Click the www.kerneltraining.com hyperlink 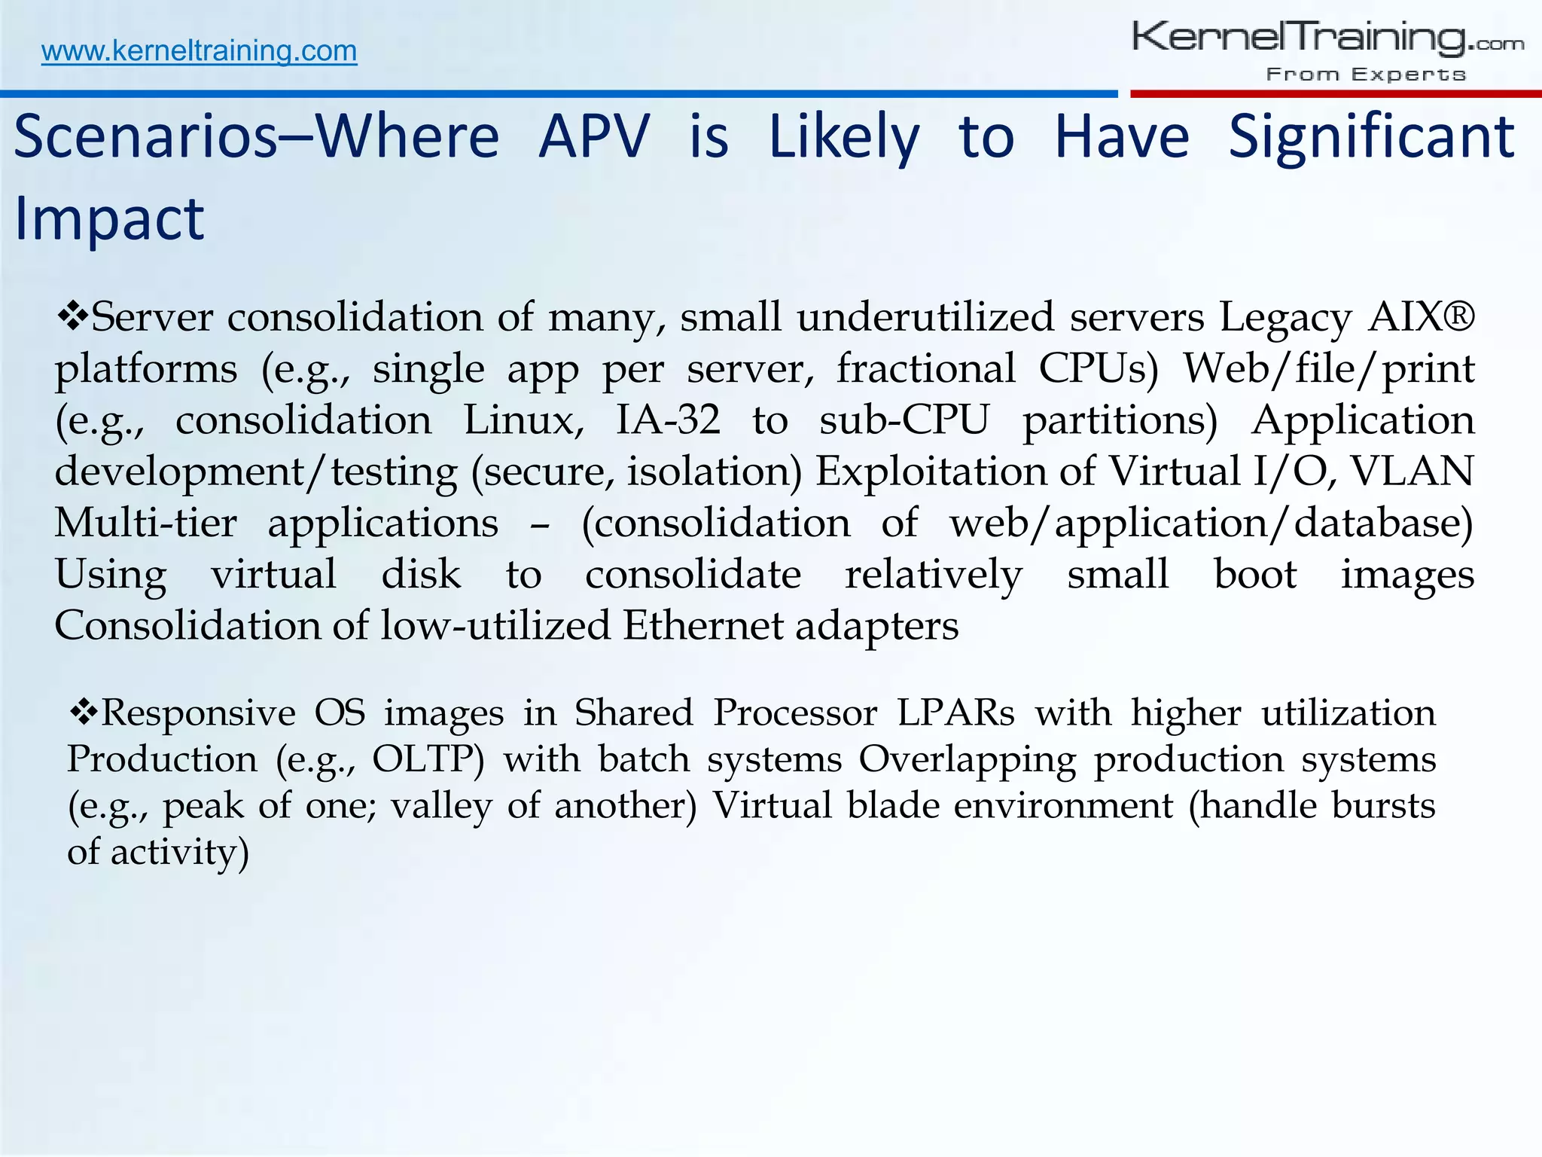pos(199,51)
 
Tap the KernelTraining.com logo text pos(1327,38)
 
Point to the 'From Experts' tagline pos(1366,74)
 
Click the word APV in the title pos(594,137)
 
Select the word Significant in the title pos(1371,137)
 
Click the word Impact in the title pos(109,218)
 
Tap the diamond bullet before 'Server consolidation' pos(72,315)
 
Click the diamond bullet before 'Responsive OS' pos(83,711)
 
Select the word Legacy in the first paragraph pos(1285,317)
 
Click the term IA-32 pos(668,420)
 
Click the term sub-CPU pos(904,420)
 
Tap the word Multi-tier pos(145,522)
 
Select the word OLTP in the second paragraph pos(428,759)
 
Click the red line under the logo pos(1335,94)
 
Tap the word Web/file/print pos(1328,368)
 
